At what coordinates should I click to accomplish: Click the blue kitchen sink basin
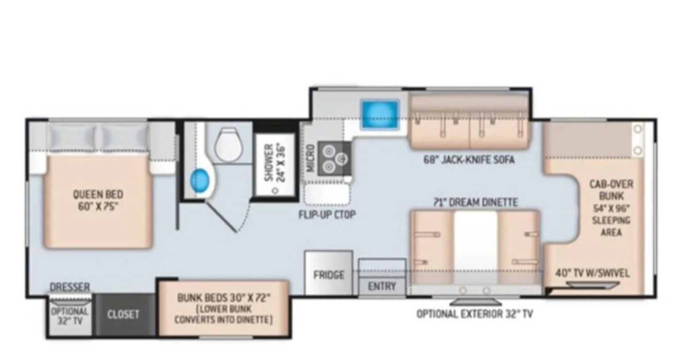380,115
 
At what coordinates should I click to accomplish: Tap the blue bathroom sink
200,180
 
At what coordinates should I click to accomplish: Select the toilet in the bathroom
229,145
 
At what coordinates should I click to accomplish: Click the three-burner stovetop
334,159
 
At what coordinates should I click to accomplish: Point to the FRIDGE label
329,275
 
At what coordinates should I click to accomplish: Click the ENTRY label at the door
382,286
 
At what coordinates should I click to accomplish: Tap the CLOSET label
123,314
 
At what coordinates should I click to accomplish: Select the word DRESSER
69,287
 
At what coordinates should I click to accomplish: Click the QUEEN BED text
98,194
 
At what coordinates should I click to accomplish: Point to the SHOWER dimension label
274,163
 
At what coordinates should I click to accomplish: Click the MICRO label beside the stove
311,158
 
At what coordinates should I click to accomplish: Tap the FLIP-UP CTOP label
327,214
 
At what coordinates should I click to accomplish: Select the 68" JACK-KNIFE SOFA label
469,160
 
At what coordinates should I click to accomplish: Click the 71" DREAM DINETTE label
476,202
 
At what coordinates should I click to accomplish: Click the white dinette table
476,247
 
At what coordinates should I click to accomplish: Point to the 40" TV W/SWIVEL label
592,273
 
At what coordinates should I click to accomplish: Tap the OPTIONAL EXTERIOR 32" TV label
475,314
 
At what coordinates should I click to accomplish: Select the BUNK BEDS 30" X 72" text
223,298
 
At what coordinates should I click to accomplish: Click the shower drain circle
275,191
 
